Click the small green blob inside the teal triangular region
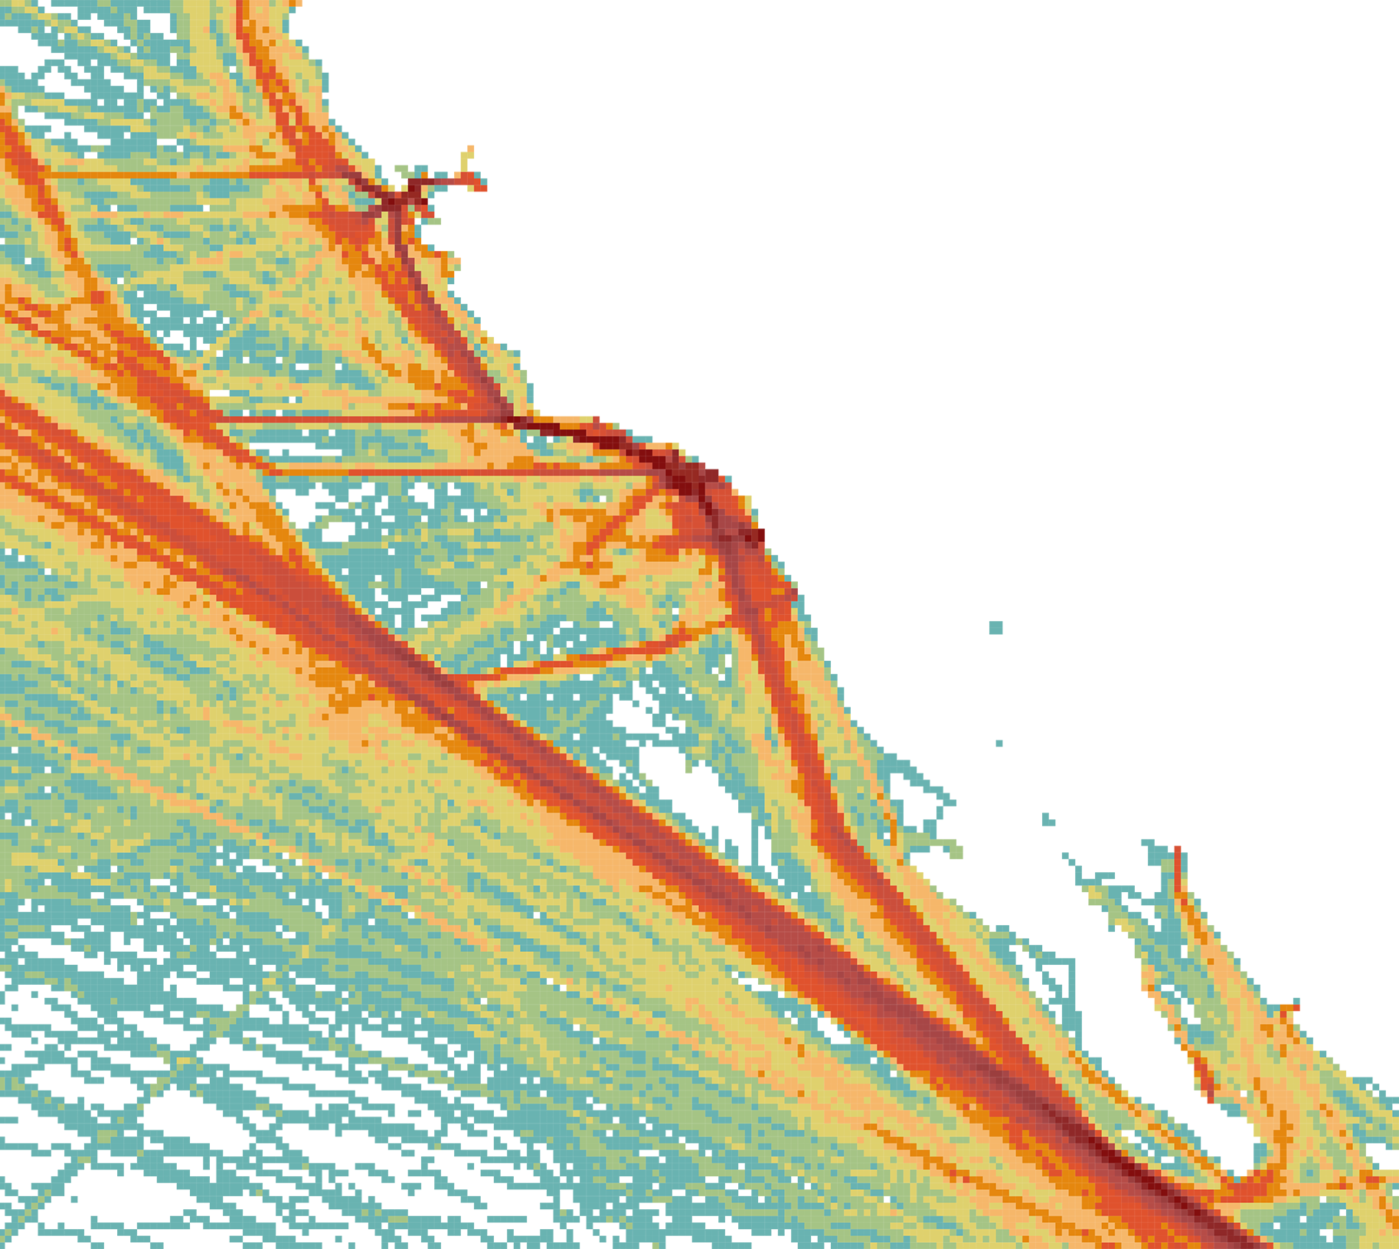click(674, 773)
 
